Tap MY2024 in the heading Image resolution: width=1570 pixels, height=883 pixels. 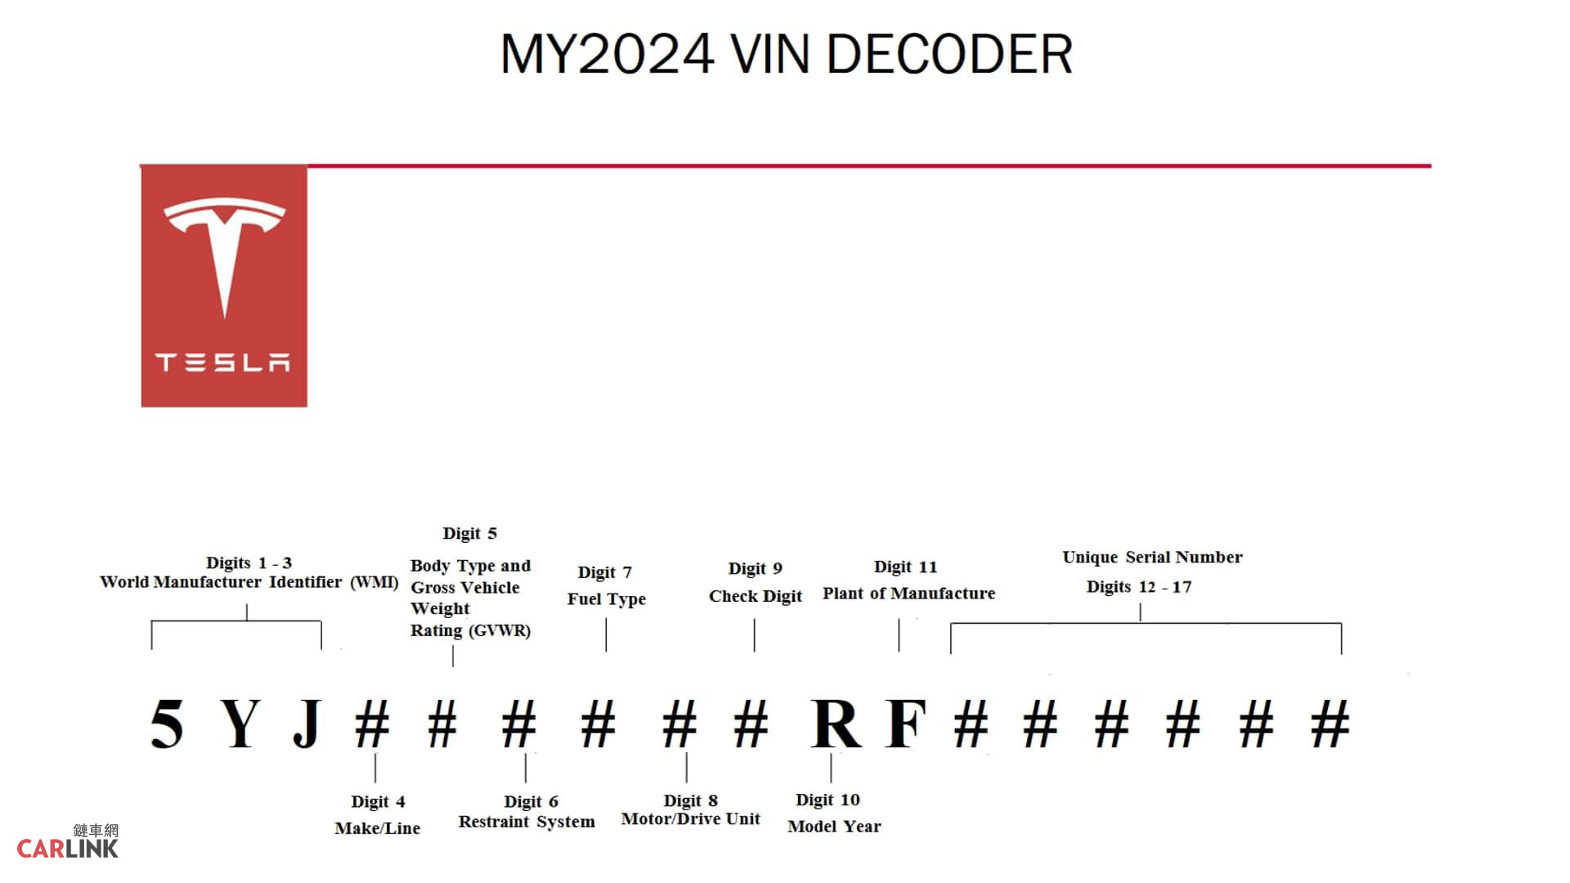(x=607, y=55)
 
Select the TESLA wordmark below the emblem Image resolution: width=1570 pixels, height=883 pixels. (x=222, y=362)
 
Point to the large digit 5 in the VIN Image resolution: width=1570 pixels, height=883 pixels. (x=167, y=724)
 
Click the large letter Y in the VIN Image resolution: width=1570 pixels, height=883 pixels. (x=240, y=724)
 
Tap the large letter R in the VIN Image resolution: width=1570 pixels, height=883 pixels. (x=836, y=724)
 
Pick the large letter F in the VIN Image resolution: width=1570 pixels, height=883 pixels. (x=906, y=724)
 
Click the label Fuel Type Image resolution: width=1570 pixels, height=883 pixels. (x=606, y=598)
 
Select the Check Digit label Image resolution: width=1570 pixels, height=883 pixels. (x=755, y=596)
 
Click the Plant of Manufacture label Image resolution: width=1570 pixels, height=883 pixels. (x=908, y=594)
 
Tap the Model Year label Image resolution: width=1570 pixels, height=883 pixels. (x=834, y=827)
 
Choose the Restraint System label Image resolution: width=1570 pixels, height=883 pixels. (x=527, y=822)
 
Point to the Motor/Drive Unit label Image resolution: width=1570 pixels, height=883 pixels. (x=690, y=819)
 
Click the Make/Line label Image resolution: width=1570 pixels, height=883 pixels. (x=377, y=828)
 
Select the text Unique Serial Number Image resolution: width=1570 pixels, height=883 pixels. (x=1152, y=558)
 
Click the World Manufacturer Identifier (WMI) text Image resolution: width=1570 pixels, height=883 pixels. (x=249, y=582)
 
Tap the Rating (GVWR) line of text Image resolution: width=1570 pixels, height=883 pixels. (x=470, y=630)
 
